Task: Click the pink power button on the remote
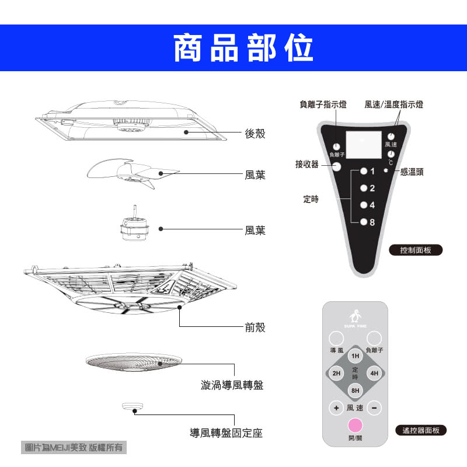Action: (x=355, y=425)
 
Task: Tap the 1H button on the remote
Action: (x=355, y=356)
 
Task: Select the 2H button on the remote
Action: (x=336, y=373)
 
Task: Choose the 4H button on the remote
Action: (x=374, y=373)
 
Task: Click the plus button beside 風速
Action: (x=336, y=407)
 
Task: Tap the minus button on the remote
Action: (x=374, y=407)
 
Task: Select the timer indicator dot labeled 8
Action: (x=363, y=222)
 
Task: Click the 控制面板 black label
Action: (x=416, y=250)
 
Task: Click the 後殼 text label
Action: (x=255, y=134)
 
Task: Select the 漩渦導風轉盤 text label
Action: (x=232, y=385)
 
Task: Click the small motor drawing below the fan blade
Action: (x=134, y=228)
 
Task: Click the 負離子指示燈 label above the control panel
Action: (x=323, y=104)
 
